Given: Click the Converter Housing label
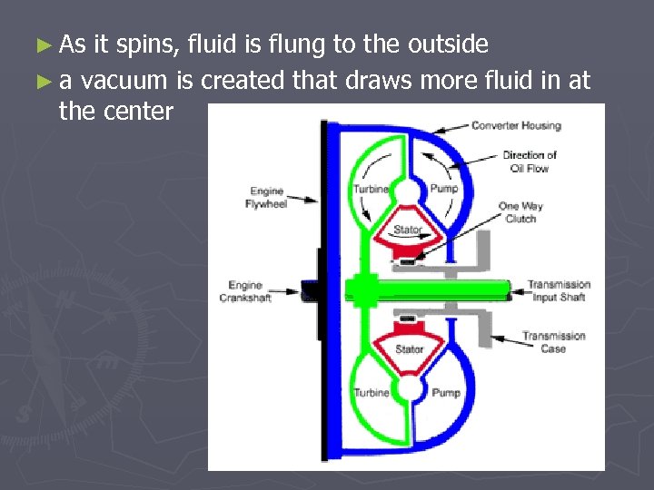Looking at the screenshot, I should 516,125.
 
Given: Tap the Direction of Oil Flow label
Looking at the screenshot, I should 530,161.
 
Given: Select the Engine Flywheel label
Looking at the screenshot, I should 266,197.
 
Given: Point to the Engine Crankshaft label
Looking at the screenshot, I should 245,291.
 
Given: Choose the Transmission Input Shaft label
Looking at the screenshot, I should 559,290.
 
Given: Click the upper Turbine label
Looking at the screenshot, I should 371,189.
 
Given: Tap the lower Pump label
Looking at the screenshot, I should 445,393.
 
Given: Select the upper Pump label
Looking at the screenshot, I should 444,189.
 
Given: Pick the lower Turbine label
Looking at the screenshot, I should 371,393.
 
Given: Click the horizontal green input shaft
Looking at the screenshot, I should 436,290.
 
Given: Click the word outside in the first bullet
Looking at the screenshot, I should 444,44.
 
